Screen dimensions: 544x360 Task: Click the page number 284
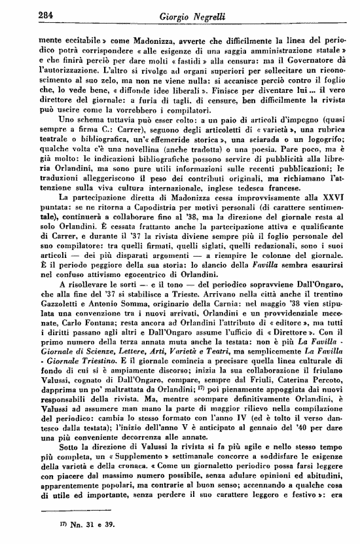coord(47,14)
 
